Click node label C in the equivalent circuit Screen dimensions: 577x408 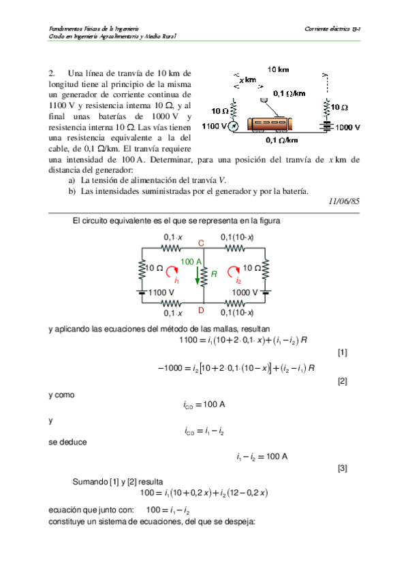tap(201, 243)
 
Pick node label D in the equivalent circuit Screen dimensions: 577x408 tap(201, 310)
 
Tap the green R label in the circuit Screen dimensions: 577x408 tap(214, 274)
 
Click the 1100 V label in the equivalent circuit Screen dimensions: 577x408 tap(162, 293)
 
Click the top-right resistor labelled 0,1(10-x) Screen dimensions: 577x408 tap(236, 248)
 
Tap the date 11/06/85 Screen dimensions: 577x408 tap(344, 201)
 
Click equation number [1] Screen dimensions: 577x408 tap(342, 352)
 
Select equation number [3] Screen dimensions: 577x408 tap(342, 469)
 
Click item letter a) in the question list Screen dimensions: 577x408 tap(72, 180)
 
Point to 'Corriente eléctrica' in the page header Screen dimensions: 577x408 tap(328, 29)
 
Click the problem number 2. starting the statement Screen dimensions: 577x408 tap(52, 73)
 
